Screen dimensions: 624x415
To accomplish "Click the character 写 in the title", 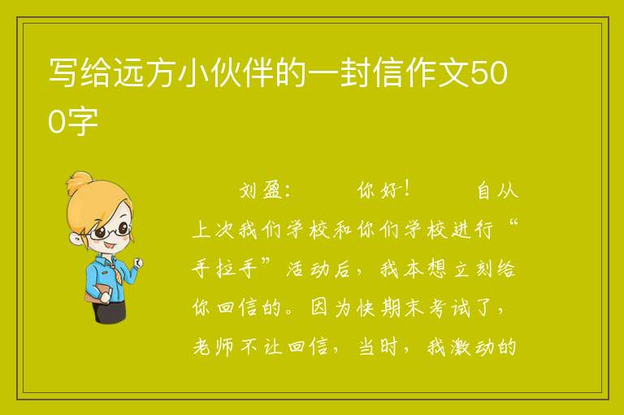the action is [x=63, y=73].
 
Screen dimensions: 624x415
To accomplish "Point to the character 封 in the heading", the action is [x=355, y=73].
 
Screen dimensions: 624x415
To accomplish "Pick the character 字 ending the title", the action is [x=83, y=120].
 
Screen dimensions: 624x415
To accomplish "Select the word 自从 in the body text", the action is [x=497, y=190].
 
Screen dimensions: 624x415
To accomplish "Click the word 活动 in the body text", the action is [x=307, y=269].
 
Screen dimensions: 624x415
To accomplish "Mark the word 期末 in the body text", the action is [x=402, y=308].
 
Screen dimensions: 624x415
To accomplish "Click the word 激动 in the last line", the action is [x=472, y=347].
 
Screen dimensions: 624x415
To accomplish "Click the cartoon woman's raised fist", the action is [x=138, y=262].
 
